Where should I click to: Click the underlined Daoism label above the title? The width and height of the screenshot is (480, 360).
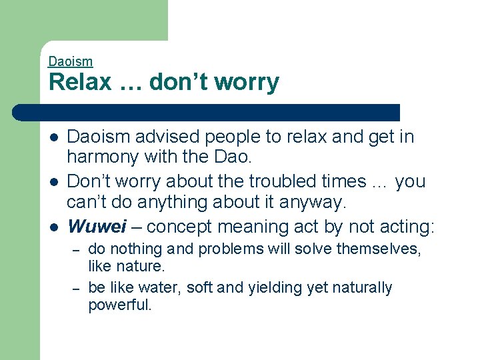pyautogui.click(x=70, y=61)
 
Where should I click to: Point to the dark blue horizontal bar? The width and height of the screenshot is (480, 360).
pyautogui.click(x=220, y=112)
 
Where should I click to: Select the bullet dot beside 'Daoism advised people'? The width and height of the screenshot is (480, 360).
pyautogui.click(x=53, y=137)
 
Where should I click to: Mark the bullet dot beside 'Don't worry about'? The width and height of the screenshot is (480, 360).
pyautogui.click(x=53, y=181)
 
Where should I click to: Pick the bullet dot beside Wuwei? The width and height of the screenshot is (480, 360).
pyautogui.click(x=53, y=227)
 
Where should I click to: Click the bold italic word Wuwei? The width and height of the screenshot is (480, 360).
pyautogui.click(x=97, y=227)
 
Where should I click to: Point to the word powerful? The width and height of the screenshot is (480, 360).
pyautogui.click(x=120, y=306)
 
